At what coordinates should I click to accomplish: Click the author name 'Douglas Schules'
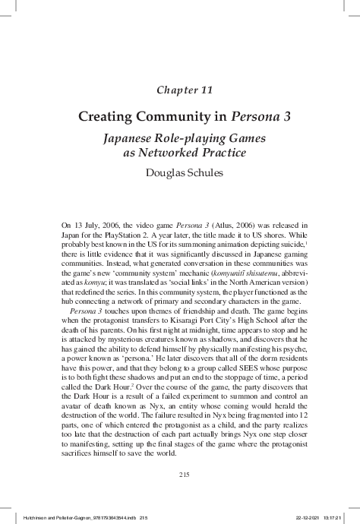pyautogui.click(x=180, y=172)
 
